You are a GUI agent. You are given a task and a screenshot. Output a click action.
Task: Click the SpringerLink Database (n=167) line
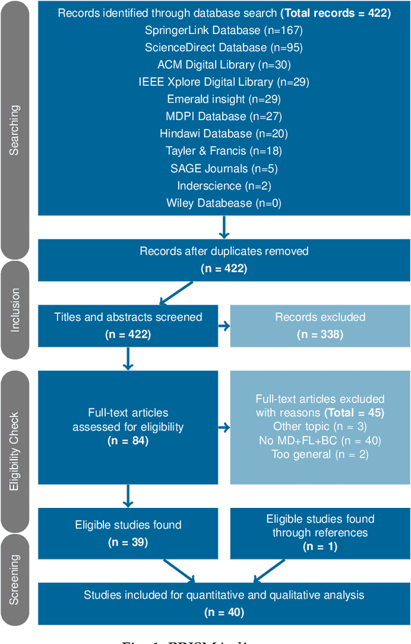223,30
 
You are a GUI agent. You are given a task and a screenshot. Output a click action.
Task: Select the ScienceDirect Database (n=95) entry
223,48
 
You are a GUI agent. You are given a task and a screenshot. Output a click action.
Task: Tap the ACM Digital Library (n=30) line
223,65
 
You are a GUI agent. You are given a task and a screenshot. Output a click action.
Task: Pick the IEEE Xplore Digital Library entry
223,82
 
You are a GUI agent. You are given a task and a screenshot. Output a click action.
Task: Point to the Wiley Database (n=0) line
223,203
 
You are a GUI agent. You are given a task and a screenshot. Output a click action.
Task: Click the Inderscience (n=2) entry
223,186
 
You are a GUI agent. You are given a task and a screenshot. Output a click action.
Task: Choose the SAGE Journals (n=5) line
223,168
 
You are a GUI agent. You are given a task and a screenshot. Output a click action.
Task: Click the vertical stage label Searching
15,130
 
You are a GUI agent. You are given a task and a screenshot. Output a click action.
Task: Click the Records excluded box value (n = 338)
320,335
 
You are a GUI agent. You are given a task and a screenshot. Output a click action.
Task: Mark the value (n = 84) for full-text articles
127,440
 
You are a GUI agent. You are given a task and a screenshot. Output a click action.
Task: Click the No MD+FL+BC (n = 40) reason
320,440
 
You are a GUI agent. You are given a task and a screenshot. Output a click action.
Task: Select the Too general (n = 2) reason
320,455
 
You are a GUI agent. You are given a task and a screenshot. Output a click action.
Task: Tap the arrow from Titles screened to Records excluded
223,326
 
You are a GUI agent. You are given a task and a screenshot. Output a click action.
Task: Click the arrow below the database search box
223,226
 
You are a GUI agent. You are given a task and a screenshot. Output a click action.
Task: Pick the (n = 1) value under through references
320,546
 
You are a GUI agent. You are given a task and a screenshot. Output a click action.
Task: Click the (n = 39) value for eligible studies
127,543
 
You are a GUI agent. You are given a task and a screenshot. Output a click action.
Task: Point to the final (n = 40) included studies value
223,612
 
